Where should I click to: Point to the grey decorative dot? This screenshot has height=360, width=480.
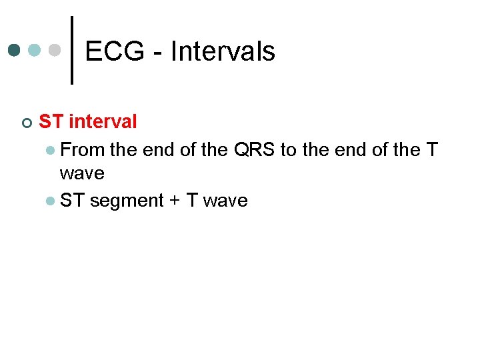point(55,51)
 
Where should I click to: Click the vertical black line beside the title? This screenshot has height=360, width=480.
point(71,51)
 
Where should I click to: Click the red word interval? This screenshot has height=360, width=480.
point(103,121)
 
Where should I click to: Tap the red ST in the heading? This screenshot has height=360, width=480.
point(51,121)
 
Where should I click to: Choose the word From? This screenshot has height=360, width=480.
point(83,149)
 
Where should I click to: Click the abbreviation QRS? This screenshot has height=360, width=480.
point(254,149)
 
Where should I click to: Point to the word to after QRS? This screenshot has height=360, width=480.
point(288,149)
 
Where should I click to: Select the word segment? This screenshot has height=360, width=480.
point(127,201)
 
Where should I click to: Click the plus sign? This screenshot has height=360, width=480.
point(175,201)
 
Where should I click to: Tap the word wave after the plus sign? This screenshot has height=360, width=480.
point(225,201)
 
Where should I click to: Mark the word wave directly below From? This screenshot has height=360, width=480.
point(82,173)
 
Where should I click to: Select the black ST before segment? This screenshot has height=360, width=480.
point(72,201)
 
